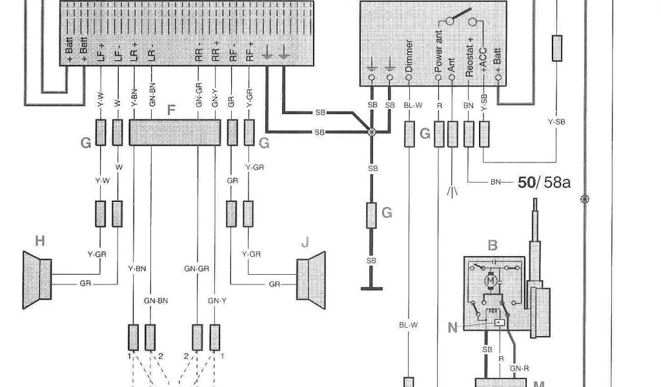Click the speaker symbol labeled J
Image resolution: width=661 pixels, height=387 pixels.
coord(310,279)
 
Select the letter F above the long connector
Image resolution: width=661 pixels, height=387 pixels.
coord(171,110)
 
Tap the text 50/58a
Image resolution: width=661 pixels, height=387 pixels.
coord(544,183)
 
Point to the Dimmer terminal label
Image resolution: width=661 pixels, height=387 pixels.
coord(409,56)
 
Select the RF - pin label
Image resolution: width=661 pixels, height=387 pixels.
coord(232,52)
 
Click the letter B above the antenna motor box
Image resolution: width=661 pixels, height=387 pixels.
coord(493,245)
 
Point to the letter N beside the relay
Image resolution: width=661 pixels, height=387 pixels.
coord(453,328)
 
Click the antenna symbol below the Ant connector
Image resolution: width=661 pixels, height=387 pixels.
coord(453,191)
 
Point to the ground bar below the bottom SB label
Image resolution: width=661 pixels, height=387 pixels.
coord(371,289)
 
